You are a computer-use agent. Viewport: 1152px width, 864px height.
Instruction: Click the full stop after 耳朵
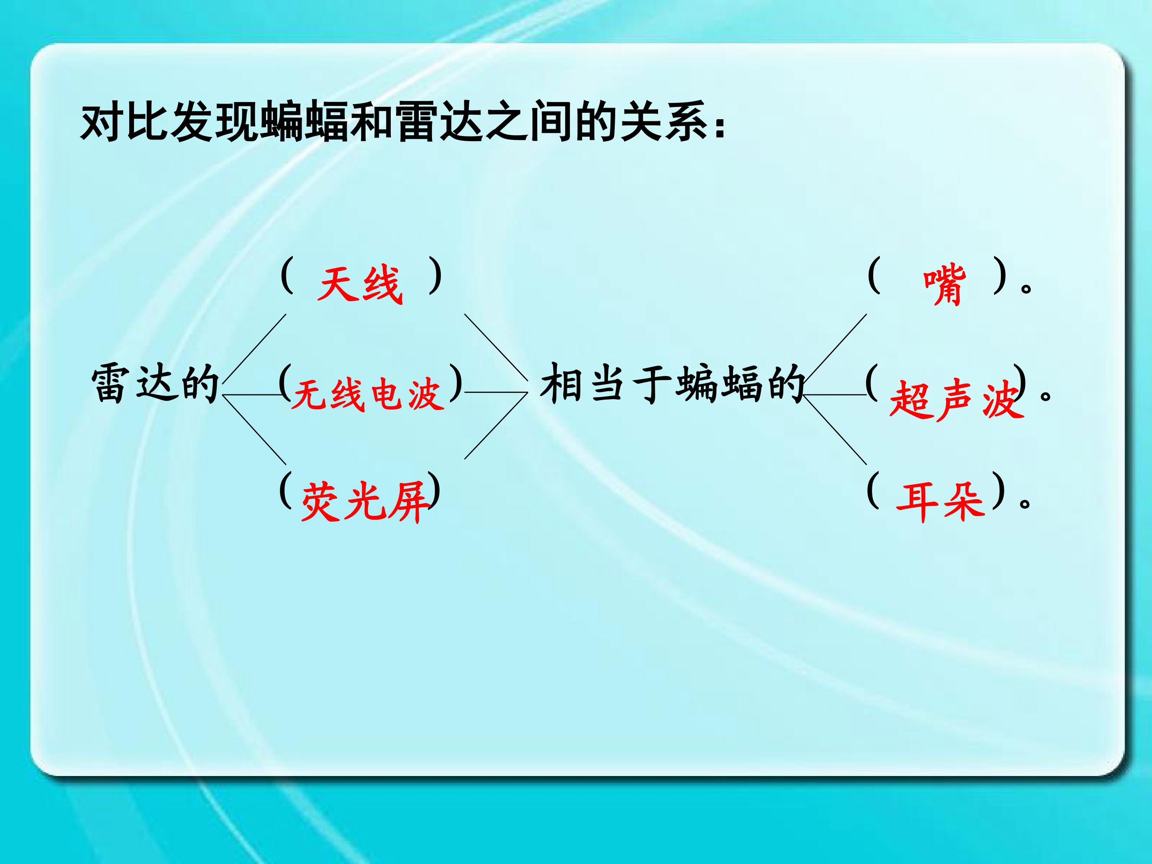(1026, 503)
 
